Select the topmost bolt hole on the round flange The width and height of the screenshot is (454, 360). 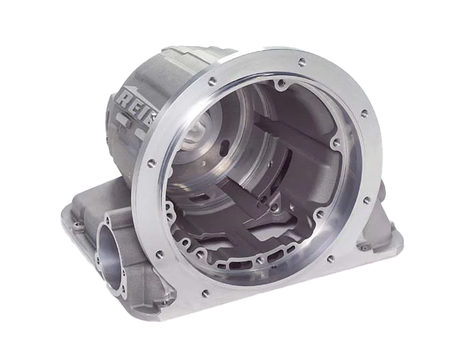click(302, 62)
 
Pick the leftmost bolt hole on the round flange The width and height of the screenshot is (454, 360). click(151, 164)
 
